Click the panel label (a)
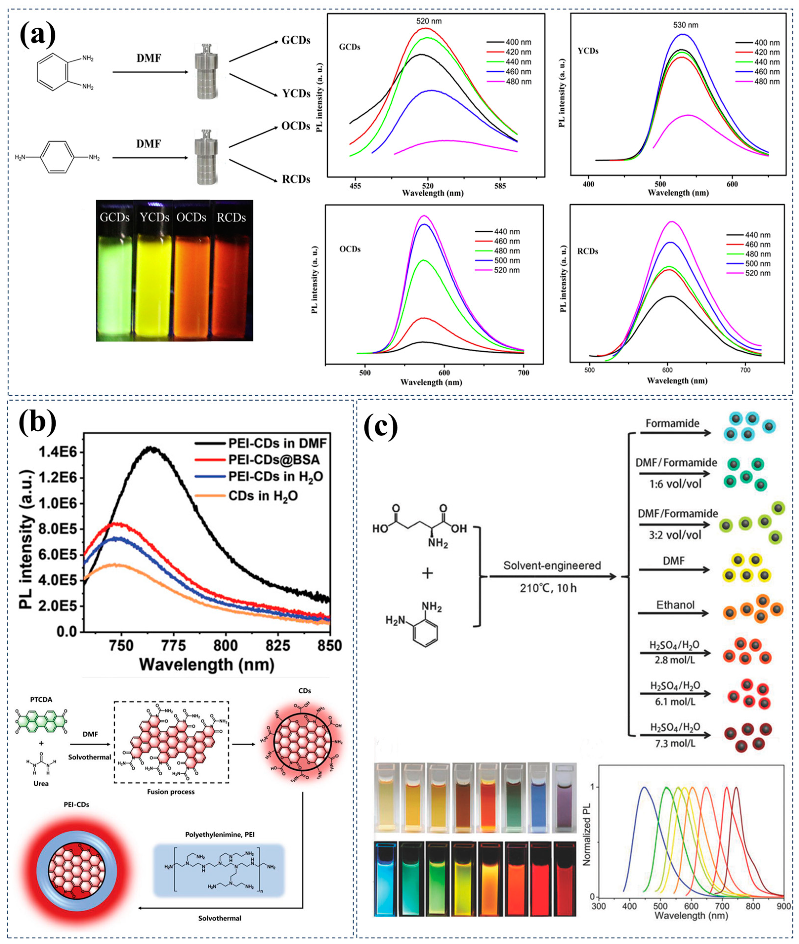tap(38, 34)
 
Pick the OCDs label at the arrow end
tap(296, 126)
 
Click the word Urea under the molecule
tap(41, 783)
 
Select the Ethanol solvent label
tap(675, 605)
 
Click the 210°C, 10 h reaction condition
tap(548, 589)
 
